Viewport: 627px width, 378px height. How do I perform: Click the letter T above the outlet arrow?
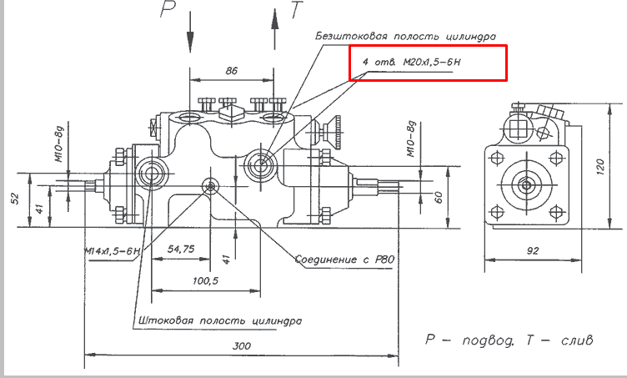[x=297, y=10]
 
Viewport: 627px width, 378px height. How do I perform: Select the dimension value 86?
[x=232, y=72]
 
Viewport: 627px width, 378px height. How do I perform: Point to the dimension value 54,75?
[x=180, y=249]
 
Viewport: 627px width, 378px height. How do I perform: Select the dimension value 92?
[x=533, y=249]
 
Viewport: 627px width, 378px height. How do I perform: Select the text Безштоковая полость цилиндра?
[x=406, y=37]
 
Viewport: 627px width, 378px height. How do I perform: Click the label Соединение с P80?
[x=344, y=260]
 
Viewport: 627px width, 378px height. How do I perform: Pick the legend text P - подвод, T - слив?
[x=509, y=341]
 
